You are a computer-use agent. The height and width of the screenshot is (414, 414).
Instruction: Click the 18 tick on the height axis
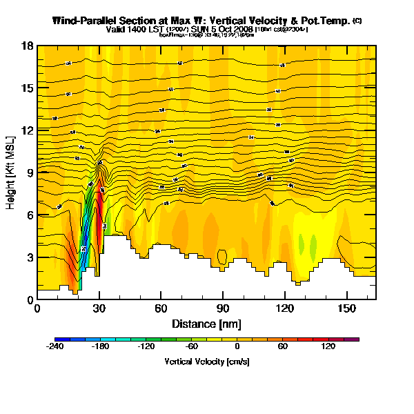28,46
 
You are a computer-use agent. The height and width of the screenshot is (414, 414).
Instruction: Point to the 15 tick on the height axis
28,88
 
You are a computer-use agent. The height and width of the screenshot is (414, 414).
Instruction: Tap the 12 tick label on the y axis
28,131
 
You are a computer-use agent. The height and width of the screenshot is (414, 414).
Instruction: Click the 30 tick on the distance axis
99,308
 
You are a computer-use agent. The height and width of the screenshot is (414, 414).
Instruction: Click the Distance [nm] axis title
206,323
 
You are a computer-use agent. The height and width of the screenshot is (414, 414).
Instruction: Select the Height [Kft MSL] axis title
12,172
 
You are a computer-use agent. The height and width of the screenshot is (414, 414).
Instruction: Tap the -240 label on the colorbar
55,348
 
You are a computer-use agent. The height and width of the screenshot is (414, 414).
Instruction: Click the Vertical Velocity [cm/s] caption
207,361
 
